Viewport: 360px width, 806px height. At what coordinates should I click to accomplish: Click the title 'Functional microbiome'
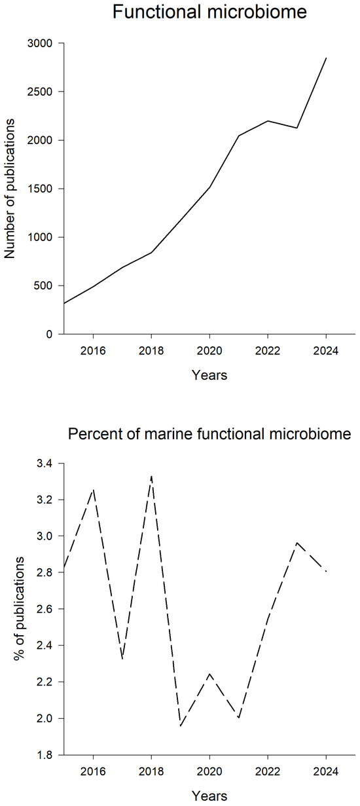click(209, 12)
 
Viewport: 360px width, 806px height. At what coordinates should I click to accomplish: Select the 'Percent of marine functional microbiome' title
click(209, 433)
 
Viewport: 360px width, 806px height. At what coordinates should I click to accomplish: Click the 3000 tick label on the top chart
click(39, 43)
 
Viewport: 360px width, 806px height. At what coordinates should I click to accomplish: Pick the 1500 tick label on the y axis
click(39, 189)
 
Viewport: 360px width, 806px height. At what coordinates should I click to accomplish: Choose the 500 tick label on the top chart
click(43, 285)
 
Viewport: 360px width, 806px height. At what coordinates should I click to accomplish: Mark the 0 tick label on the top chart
click(49, 335)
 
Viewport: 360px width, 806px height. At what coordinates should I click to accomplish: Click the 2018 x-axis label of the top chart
click(151, 350)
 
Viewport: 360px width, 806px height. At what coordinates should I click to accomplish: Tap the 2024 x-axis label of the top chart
click(326, 350)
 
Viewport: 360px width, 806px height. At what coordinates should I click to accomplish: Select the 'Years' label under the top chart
click(209, 375)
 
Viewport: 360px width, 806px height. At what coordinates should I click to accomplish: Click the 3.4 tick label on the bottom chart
click(45, 464)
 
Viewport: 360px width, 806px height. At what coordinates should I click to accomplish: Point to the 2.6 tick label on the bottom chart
click(45, 609)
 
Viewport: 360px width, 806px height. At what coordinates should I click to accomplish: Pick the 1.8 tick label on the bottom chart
click(45, 754)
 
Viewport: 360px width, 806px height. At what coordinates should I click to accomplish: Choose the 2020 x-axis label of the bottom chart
click(209, 771)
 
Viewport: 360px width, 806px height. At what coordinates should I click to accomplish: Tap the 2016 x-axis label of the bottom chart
click(93, 771)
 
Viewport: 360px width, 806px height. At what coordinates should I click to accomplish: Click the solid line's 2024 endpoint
click(326, 58)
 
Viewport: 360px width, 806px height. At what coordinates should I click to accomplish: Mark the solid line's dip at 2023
click(297, 128)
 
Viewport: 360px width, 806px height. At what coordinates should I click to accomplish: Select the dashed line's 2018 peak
click(151, 477)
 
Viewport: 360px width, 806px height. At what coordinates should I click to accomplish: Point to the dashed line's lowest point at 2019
click(181, 725)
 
